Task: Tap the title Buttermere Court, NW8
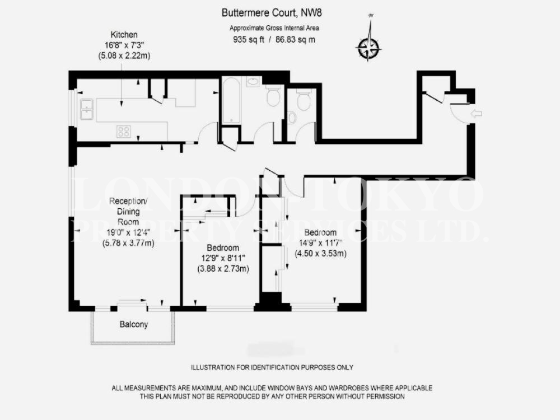[x=272, y=13]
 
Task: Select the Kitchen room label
[x=124, y=35]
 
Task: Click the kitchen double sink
[x=86, y=109]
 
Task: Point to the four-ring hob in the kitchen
[x=124, y=132]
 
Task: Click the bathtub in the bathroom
[x=231, y=101]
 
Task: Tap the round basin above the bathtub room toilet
[x=254, y=82]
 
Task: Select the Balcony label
[x=134, y=325]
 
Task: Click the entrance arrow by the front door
[x=477, y=114]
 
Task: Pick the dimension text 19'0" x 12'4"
[x=128, y=232]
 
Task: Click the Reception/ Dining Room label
[x=128, y=212]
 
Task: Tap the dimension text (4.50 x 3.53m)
[x=320, y=254]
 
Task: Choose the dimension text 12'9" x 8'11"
[x=223, y=258]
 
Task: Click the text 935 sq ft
[x=249, y=40]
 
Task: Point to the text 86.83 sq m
[x=295, y=40]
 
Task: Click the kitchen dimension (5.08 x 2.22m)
[x=124, y=56]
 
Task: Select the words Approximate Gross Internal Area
[x=274, y=28]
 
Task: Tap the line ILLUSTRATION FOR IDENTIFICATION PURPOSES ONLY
[x=272, y=367]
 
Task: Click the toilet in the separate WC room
[x=304, y=100]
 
